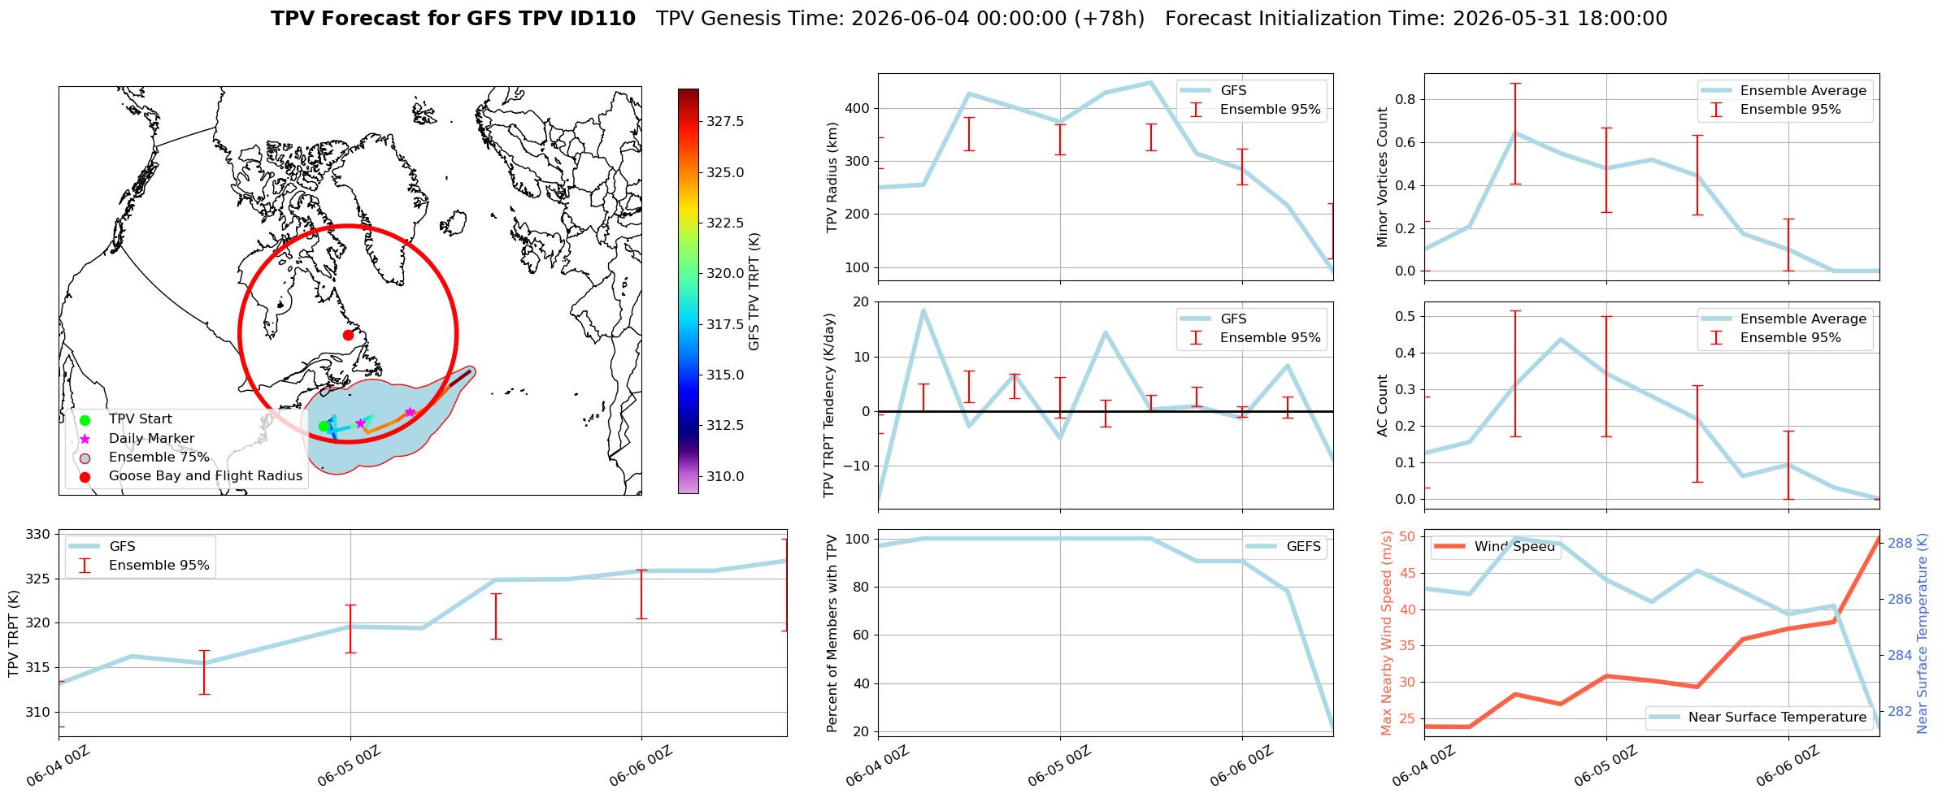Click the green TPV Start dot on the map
point(324,426)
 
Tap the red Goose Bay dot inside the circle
point(348,335)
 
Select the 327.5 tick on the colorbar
point(725,121)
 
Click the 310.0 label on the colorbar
point(725,476)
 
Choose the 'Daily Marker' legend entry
point(137,439)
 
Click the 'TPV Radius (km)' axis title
point(832,177)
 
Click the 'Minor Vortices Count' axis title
point(1382,177)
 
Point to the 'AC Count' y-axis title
point(1382,406)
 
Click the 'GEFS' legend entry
point(1286,547)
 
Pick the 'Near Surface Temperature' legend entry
point(1759,718)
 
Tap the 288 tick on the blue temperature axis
point(1900,544)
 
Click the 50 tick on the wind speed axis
point(1406,537)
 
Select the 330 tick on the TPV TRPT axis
point(38,535)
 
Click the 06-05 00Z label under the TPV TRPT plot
point(350,765)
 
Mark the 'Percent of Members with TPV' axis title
point(832,633)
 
